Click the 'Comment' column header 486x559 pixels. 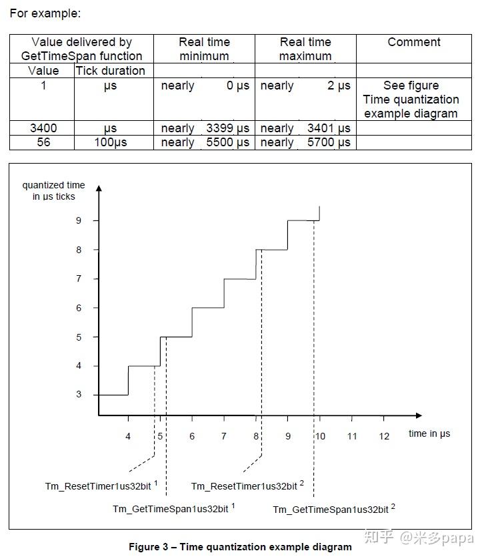point(414,42)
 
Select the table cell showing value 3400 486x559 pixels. point(44,128)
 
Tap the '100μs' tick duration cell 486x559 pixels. point(110,142)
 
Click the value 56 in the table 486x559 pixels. point(44,142)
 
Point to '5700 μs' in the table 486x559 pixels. point(329,142)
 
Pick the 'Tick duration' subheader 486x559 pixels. point(110,71)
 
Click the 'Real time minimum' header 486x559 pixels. point(204,49)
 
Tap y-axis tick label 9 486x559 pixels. point(78,220)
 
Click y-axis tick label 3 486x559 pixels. point(78,395)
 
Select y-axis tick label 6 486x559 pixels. point(78,308)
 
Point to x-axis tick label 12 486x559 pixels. point(383,436)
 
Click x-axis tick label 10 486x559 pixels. point(320,436)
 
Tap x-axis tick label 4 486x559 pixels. point(128,436)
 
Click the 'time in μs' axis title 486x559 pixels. point(429,433)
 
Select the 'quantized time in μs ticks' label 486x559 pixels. point(53,190)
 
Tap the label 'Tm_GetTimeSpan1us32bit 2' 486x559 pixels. point(333,510)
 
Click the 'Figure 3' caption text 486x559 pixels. point(240,547)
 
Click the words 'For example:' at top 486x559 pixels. point(45,13)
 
